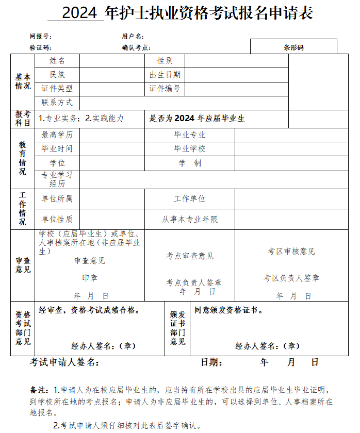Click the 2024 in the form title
81,13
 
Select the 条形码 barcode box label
293,47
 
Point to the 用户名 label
133,37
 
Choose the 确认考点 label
136,47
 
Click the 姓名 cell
57,61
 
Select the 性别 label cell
165,61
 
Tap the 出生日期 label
165,75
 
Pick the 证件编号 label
165,89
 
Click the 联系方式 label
57,103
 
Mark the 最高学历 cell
57,135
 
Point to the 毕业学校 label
190,149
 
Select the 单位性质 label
57,219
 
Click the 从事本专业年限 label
190,219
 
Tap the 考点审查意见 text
190,256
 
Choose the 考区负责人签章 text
291,278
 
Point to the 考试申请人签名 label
64,362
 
